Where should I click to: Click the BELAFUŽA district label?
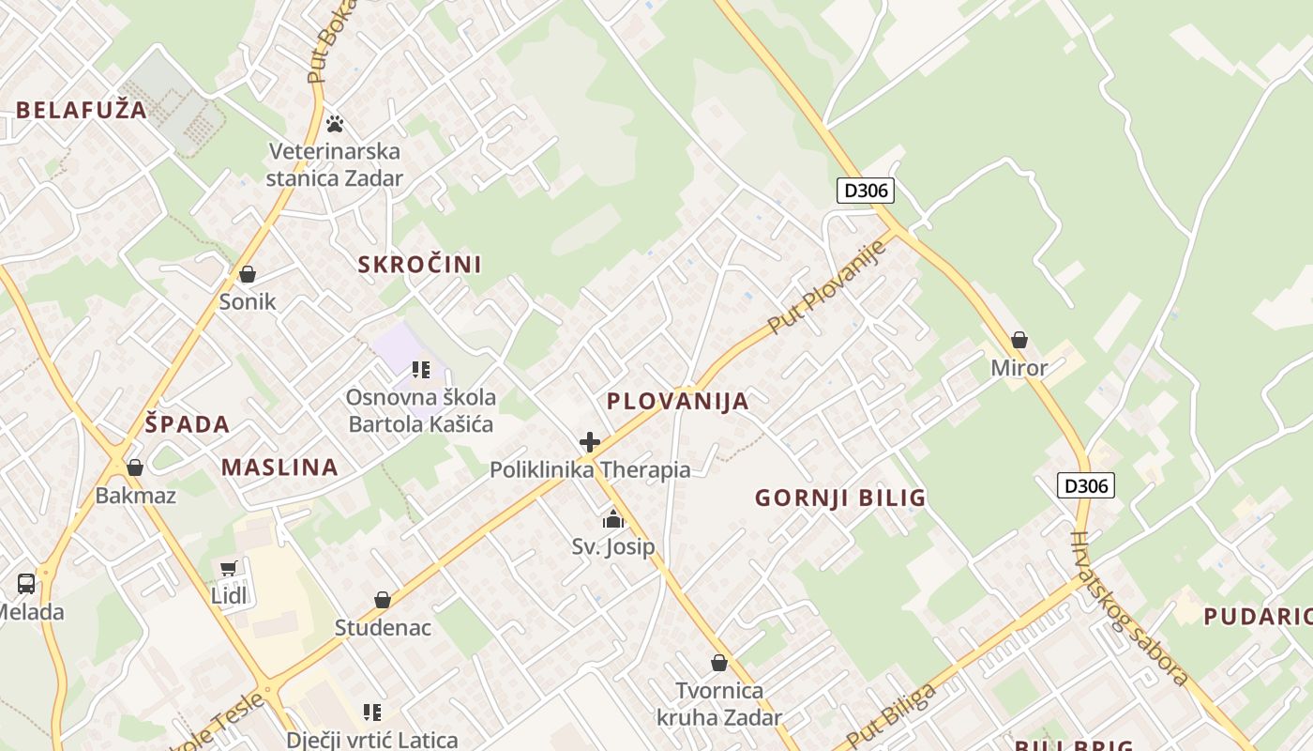click(82, 110)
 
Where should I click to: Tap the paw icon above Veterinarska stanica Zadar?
click(335, 124)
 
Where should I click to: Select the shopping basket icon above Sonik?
click(248, 274)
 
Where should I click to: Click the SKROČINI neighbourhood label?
click(420, 265)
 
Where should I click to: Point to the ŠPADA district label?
click(188, 424)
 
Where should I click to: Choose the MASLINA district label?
click(279, 467)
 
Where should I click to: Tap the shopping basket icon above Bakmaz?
click(135, 467)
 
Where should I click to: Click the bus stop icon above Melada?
click(26, 584)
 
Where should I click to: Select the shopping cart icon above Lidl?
click(229, 568)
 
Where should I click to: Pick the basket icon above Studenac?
click(383, 600)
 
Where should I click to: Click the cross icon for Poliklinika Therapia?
click(590, 442)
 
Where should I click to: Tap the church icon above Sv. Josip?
click(613, 519)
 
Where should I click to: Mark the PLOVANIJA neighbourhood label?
click(678, 402)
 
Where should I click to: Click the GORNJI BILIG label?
click(840, 498)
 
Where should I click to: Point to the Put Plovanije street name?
click(827, 286)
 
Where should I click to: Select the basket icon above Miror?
click(1019, 340)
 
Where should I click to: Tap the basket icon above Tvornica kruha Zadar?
click(719, 664)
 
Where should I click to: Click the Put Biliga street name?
click(892, 715)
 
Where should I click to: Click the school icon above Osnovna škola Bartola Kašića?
click(421, 370)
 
